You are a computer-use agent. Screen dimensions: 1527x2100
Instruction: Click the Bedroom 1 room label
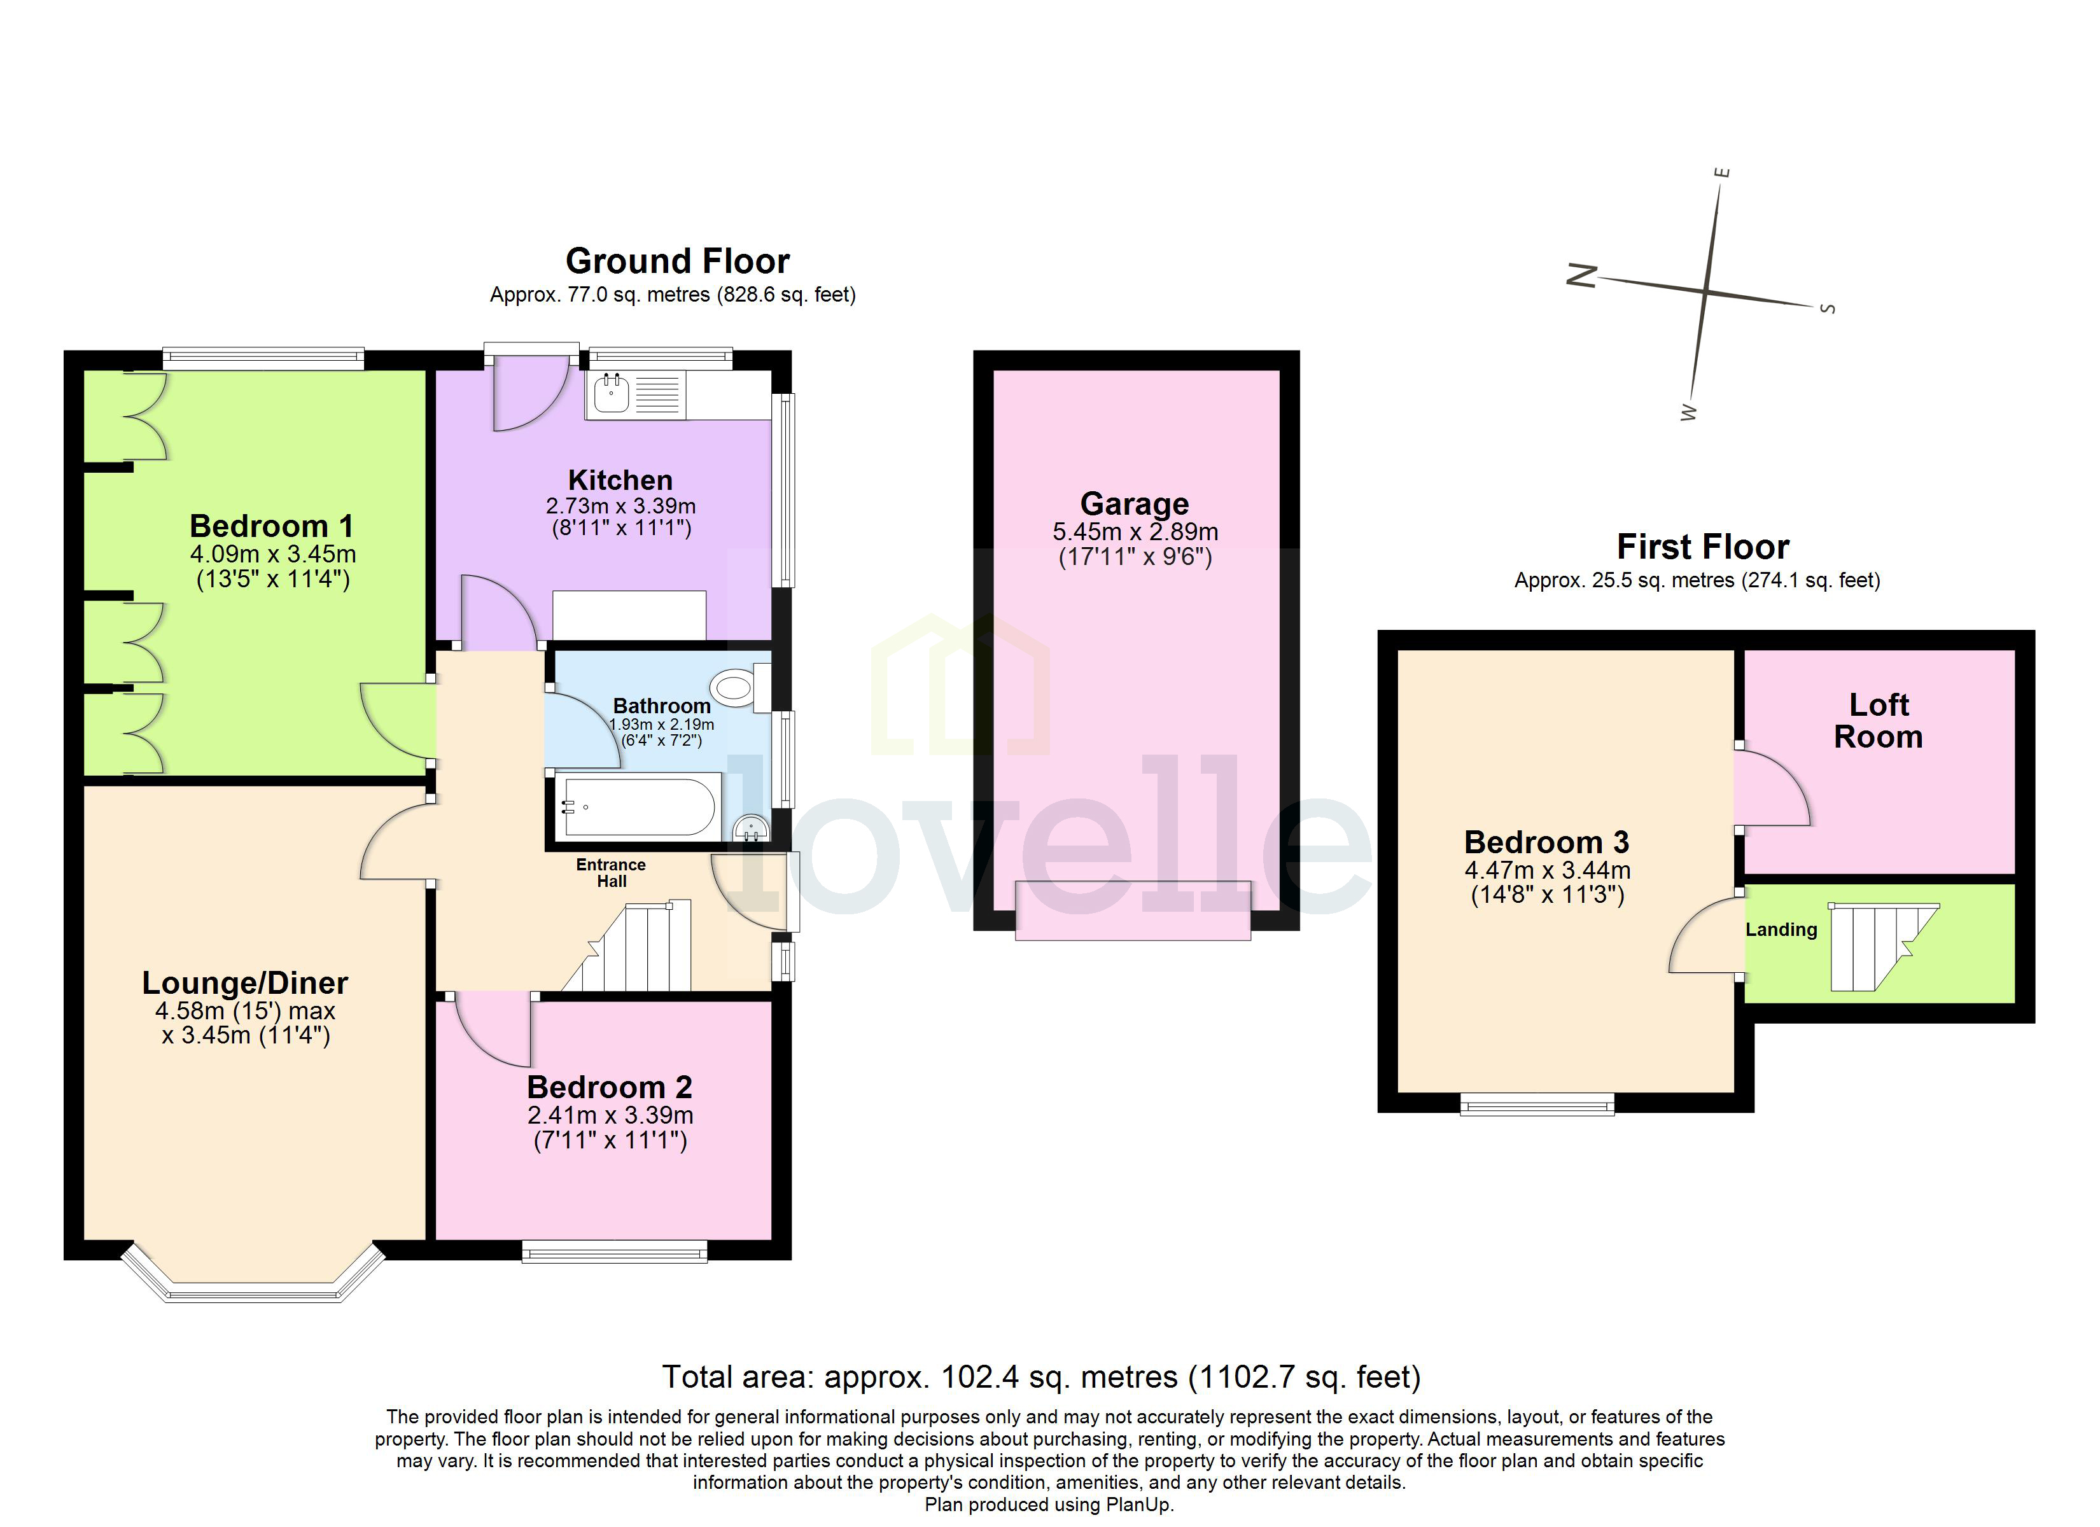point(271,526)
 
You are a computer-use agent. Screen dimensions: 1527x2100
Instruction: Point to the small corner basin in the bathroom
point(751,828)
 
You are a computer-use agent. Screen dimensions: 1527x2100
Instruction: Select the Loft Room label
point(1878,720)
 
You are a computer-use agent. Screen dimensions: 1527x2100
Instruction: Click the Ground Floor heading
point(677,261)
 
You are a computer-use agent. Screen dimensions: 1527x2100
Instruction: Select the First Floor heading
point(1702,547)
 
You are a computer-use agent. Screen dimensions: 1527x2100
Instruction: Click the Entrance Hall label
point(610,872)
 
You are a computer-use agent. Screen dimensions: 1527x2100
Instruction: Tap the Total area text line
point(1040,1377)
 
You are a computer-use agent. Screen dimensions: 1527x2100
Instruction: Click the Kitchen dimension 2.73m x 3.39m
point(620,506)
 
